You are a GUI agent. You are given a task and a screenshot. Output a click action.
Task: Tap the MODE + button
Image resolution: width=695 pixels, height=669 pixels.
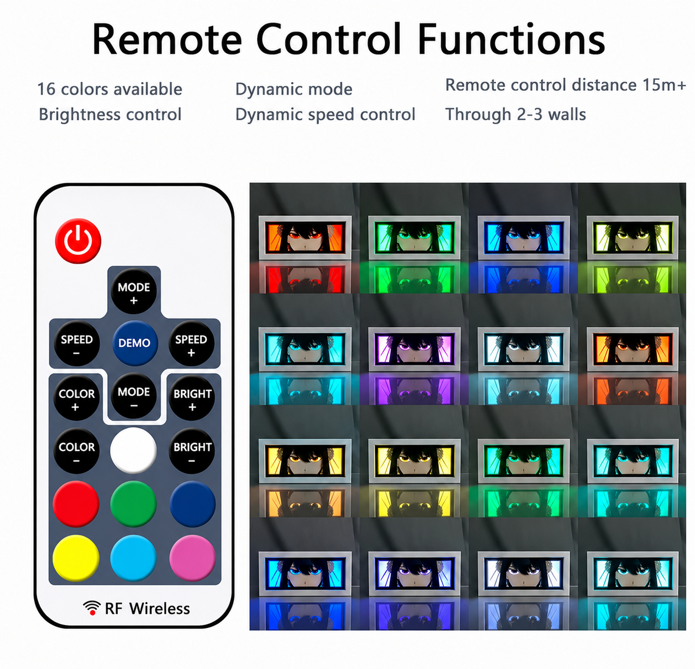coord(134,291)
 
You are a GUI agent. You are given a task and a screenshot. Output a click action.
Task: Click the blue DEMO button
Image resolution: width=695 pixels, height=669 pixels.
coord(135,343)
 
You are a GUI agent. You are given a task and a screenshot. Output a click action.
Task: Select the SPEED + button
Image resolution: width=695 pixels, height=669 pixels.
coord(191,343)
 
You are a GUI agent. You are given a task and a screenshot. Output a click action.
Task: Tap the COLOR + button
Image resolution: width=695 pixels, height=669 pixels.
coord(77,397)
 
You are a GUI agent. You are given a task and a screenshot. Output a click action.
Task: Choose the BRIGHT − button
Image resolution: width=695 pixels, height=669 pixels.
coord(192,451)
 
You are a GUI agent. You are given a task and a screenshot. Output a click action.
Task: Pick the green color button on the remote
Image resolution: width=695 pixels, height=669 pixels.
coord(133,504)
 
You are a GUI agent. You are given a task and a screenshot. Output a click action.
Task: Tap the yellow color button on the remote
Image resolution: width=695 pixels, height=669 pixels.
coord(76,558)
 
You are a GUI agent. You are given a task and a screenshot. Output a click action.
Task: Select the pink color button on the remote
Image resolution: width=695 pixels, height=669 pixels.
coord(193,558)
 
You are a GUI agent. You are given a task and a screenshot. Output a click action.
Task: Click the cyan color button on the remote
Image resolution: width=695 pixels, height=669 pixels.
coord(133,558)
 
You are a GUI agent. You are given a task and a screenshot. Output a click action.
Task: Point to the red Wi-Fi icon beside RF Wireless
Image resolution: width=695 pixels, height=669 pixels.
coord(92,608)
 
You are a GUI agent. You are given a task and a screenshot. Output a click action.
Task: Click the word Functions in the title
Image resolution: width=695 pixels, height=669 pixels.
coord(511,39)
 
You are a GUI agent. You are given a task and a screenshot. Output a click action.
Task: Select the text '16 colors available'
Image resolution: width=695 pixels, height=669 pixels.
coord(110,89)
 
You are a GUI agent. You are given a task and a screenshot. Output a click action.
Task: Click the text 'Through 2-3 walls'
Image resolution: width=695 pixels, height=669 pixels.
coord(516,115)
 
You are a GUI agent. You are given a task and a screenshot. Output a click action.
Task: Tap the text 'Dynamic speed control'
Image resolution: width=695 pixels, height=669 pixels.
coord(325,115)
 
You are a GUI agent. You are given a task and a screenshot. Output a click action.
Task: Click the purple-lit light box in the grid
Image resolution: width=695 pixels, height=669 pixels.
coord(414,348)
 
